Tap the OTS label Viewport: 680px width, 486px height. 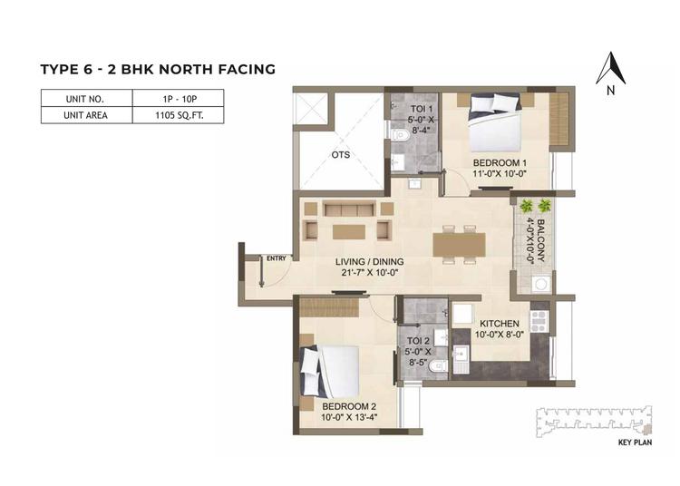[340, 155]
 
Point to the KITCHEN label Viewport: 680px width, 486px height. [500, 324]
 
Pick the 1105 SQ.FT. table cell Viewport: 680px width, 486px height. [179, 115]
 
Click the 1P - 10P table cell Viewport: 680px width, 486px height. [179, 98]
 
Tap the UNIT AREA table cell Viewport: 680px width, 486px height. [86, 115]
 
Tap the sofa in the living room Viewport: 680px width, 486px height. [348, 208]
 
